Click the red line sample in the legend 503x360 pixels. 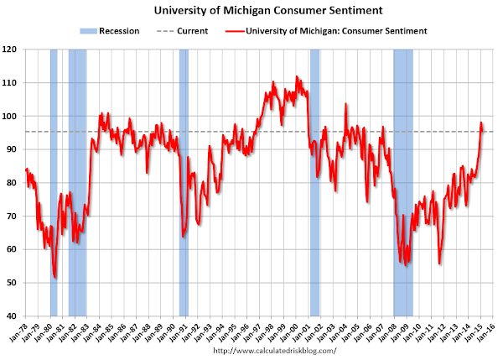240,31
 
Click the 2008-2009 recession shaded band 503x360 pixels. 403,168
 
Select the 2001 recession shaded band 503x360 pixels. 315,168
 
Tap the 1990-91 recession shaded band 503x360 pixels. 184,168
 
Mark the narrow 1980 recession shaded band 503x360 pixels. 54,168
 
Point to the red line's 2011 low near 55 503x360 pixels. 439,263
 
